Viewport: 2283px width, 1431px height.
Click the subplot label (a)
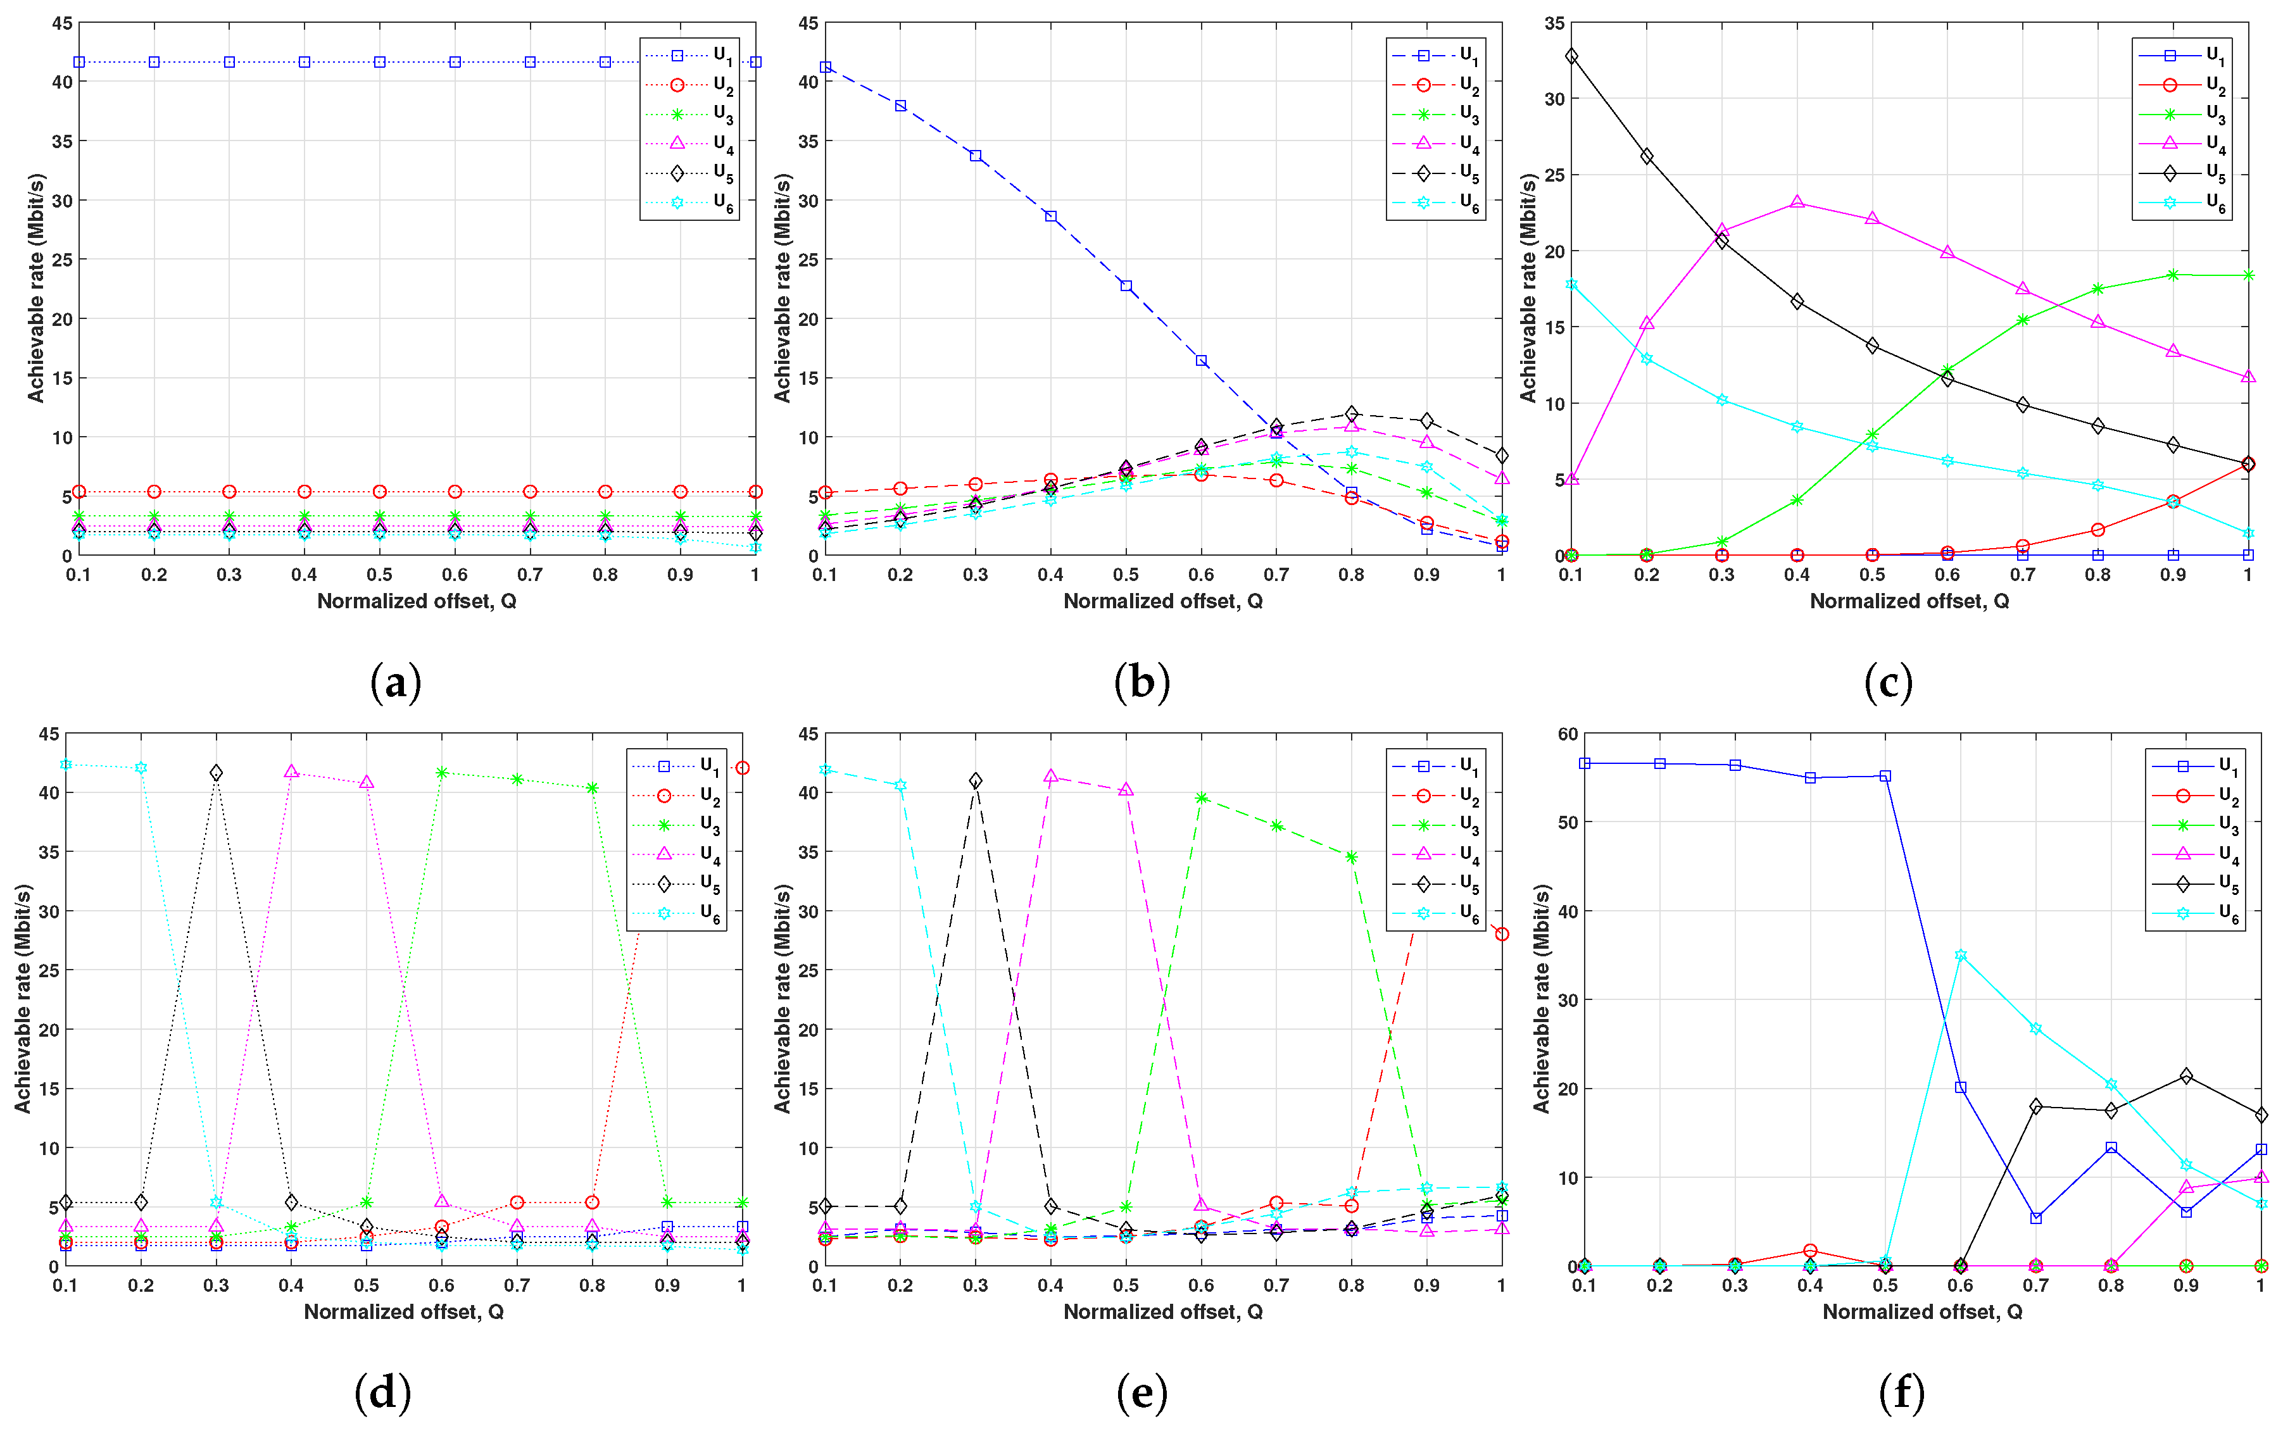396,682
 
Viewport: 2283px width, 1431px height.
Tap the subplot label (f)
1902,1392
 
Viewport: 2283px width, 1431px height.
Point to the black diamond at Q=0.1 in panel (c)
1571,56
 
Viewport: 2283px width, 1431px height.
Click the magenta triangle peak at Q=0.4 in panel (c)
1797,203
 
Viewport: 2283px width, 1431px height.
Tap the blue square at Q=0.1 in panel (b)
826,67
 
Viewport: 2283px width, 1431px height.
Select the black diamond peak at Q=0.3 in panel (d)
216,773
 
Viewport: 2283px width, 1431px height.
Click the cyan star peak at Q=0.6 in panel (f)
1960,956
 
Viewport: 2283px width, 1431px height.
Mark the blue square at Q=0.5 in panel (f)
1885,776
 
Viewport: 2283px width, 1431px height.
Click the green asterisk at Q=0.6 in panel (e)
1201,798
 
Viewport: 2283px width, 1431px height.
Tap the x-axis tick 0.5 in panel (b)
1126,575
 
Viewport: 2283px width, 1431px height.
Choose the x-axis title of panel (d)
403,1312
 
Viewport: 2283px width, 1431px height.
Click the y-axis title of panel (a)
36,288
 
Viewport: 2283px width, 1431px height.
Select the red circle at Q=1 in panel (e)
1501,934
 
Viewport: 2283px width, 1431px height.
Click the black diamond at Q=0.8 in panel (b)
1352,413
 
